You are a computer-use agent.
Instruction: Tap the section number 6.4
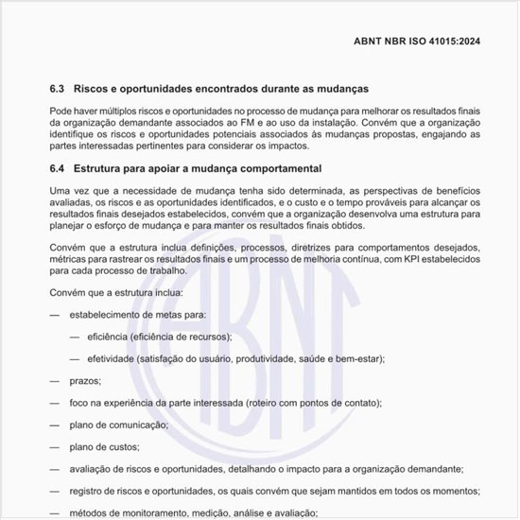point(58,169)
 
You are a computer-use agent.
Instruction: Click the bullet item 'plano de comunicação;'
point(116,425)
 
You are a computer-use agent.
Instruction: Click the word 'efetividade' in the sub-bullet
point(110,358)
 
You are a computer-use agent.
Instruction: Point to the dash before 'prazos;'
point(54,380)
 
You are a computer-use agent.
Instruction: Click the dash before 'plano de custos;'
point(54,446)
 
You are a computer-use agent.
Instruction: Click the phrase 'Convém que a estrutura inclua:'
point(109,292)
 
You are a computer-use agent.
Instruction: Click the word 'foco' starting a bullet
point(79,403)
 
